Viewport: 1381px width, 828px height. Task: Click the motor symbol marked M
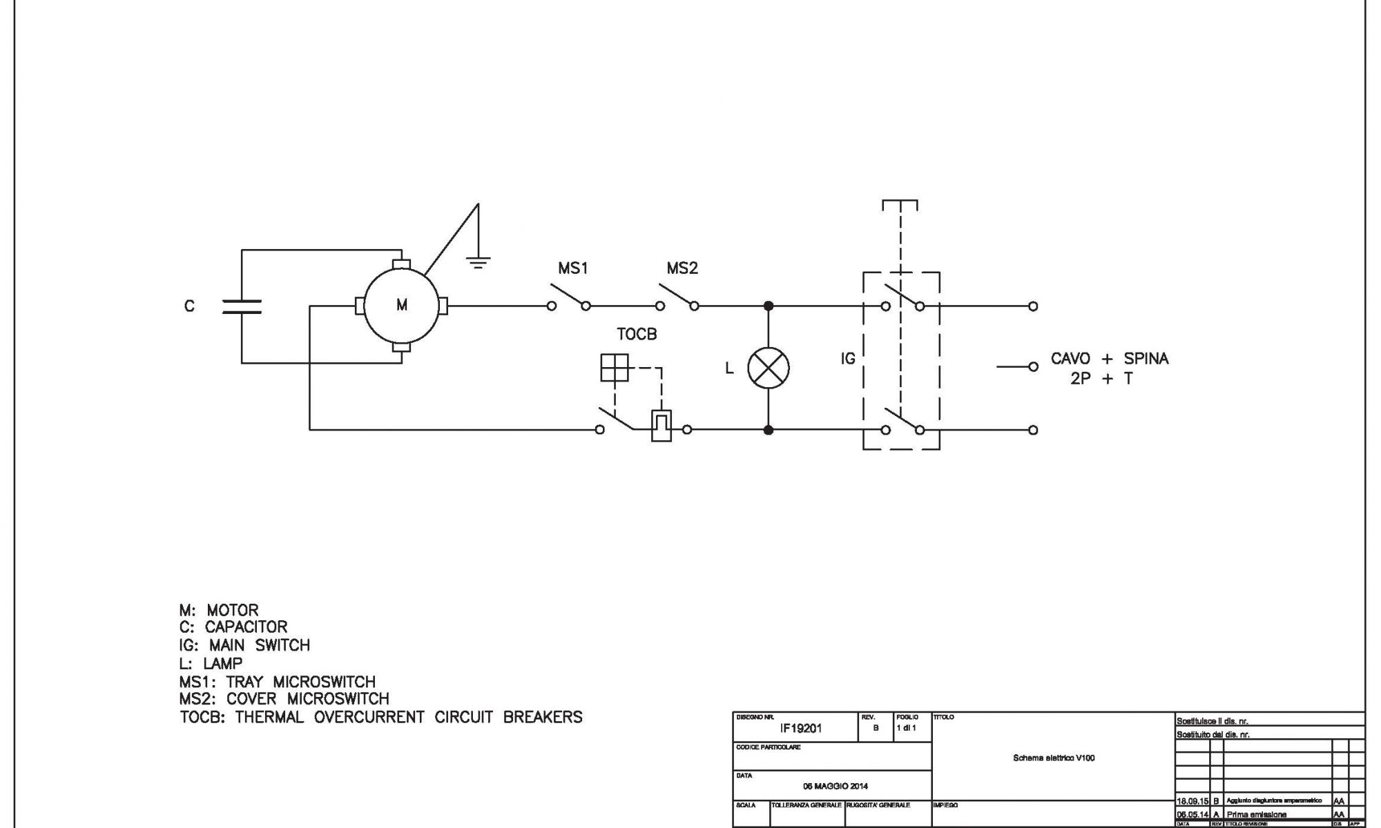pyautogui.click(x=401, y=305)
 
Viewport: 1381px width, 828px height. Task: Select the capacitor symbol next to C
pyautogui.click(x=242, y=306)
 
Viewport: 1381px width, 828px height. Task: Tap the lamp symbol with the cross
pyautogui.click(x=769, y=367)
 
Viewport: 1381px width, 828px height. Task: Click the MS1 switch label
pyautogui.click(x=573, y=268)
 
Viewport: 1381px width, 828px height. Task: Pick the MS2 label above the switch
pyautogui.click(x=682, y=268)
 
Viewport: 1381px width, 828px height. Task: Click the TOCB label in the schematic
pyautogui.click(x=637, y=335)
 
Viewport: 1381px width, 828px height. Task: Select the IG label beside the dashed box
pyautogui.click(x=848, y=359)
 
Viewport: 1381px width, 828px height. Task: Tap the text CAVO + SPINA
pyautogui.click(x=1109, y=359)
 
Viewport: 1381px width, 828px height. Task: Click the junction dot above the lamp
pyautogui.click(x=769, y=306)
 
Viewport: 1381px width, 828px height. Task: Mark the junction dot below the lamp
pyautogui.click(x=769, y=430)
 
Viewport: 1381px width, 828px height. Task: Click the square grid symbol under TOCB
pyautogui.click(x=615, y=367)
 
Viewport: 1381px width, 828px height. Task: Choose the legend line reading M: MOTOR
pyautogui.click(x=219, y=611)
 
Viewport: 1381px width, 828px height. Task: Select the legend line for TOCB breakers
pyautogui.click(x=380, y=718)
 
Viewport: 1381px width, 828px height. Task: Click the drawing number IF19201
pyautogui.click(x=801, y=729)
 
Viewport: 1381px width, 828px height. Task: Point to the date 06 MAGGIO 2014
pyautogui.click(x=836, y=786)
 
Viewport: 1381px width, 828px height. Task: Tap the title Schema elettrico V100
pyautogui.click(x=1054, y=758)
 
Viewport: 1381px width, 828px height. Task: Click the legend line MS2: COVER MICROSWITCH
pyautogui.click(x=284, y=699)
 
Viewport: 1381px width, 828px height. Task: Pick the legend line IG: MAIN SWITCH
pyautogui.click(x=244, y=646)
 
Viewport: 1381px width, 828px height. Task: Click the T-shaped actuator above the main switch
pyautogui.click(x=900, y=204)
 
